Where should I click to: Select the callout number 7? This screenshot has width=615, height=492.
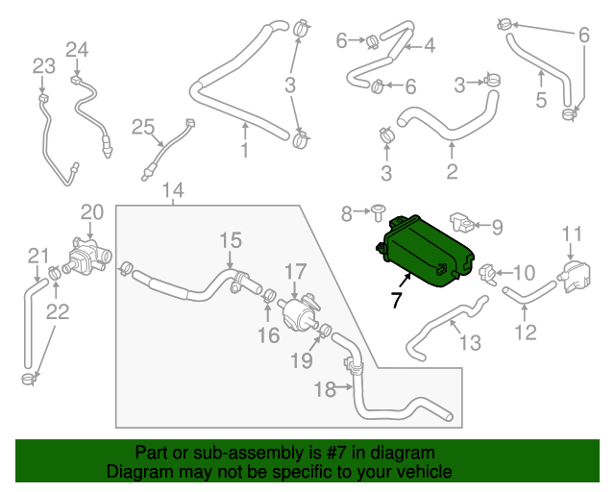pos(396,300)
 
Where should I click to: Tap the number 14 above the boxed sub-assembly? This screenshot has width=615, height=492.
pos(173,190)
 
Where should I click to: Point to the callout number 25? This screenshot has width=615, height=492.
pos(142,127)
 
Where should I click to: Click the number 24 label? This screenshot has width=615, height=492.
pos(77,49)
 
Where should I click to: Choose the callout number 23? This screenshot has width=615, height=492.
pos(43,65)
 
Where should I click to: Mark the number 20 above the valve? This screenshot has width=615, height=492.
pos(91,211)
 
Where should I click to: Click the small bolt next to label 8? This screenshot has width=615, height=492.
pos(378,209)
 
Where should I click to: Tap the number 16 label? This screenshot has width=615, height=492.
pos(268,335)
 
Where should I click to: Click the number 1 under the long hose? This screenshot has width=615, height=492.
pos(244,151)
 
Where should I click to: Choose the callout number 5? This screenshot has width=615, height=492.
pos(541,100)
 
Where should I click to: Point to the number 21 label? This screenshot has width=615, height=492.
pos(37,255)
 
